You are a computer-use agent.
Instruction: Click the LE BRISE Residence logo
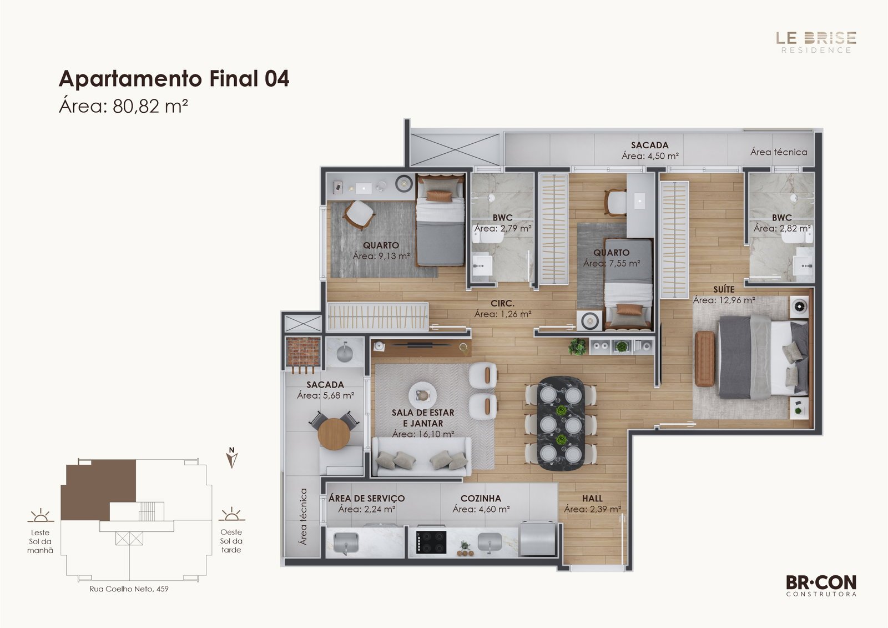816,42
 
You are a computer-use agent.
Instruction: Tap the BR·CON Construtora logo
821,586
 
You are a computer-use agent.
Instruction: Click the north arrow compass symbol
232,458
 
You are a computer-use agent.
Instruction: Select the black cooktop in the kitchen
431,542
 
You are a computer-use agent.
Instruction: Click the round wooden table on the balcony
334,434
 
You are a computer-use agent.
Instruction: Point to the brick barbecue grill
303,351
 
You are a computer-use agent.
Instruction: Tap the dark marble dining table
561,423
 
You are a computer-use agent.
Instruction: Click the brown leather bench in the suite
705,359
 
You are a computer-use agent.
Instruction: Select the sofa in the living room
421,456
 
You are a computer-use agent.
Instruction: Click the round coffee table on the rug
422,395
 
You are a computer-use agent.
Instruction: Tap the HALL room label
592,498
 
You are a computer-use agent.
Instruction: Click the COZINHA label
481,498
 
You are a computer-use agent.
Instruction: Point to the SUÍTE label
724,289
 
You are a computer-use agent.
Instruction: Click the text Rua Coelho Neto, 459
129,589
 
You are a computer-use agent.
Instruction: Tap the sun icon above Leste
41,515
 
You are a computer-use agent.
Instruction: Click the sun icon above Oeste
231,515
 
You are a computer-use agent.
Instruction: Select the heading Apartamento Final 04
174,78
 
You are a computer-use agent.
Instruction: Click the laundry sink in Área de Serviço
346,542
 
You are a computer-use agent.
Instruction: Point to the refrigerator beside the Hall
538,539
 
